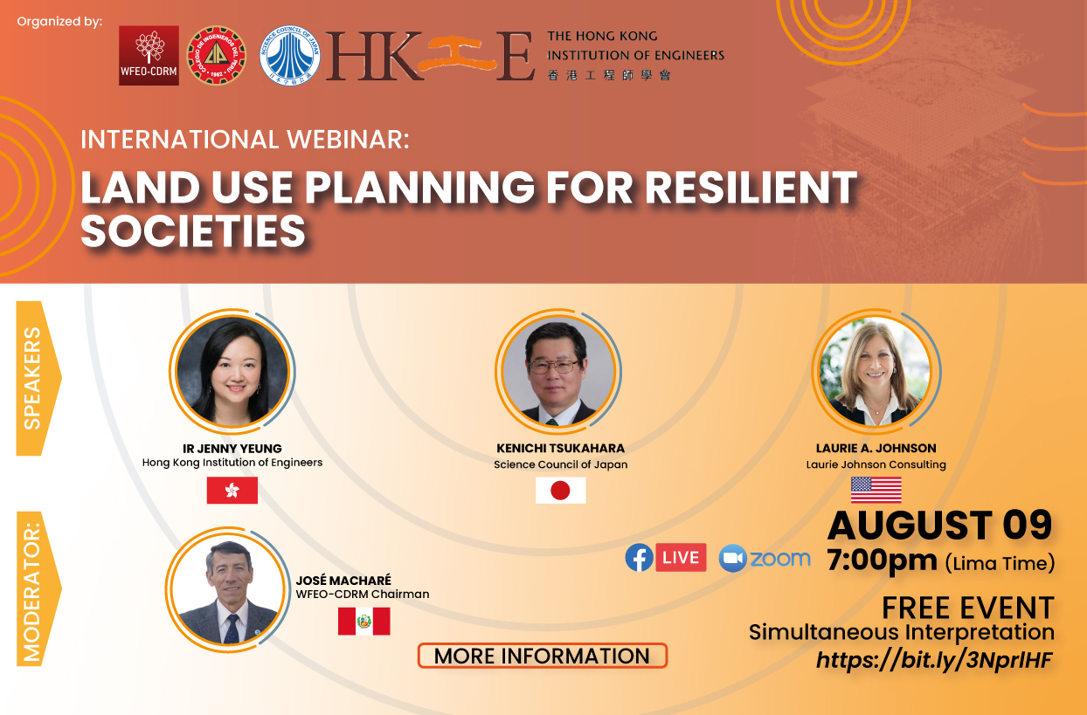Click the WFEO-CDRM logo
pos(149,55)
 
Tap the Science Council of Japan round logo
pos(290,56)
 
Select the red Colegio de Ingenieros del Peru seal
pos(217,56)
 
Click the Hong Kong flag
pos(232,490)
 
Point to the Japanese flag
pos(560,490)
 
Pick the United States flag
pos(876,490)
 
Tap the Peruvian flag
pos(364,621)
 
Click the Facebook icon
pos(639,558)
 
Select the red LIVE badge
pos(681,558)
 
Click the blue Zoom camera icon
pos(732,558)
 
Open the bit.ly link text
pos(934,660)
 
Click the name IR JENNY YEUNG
pos(232,449)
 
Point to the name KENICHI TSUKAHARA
pos(560,448)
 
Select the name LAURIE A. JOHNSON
pos(876,448)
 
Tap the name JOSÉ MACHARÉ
pos(343,580)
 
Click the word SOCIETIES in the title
pos(193,230)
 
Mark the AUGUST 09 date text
pos(940,525)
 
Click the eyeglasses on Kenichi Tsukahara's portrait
pos(554,367)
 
